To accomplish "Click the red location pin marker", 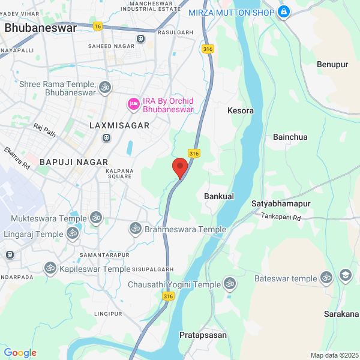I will coord(180,167).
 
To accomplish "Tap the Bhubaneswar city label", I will coord(40,28).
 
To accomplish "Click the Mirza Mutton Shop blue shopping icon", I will coord(284,11).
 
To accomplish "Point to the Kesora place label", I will coord(241,111).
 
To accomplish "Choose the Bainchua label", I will coord(290,137).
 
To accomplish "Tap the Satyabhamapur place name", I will coord(281,204).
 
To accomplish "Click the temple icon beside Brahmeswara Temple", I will coord(136,229).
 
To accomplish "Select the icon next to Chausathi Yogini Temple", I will coord(229,283).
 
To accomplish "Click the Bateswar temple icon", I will coord(326,278).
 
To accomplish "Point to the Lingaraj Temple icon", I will coord(72,233).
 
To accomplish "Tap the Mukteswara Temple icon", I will coord(95,217).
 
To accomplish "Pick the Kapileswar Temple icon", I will coord(50,269).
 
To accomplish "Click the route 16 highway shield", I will coord(98,26).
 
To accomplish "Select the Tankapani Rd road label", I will coord(281,216).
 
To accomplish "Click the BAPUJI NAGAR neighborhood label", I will coord(74,162).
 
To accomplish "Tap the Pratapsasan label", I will coord(203,335).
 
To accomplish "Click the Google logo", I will coord(20,353).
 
